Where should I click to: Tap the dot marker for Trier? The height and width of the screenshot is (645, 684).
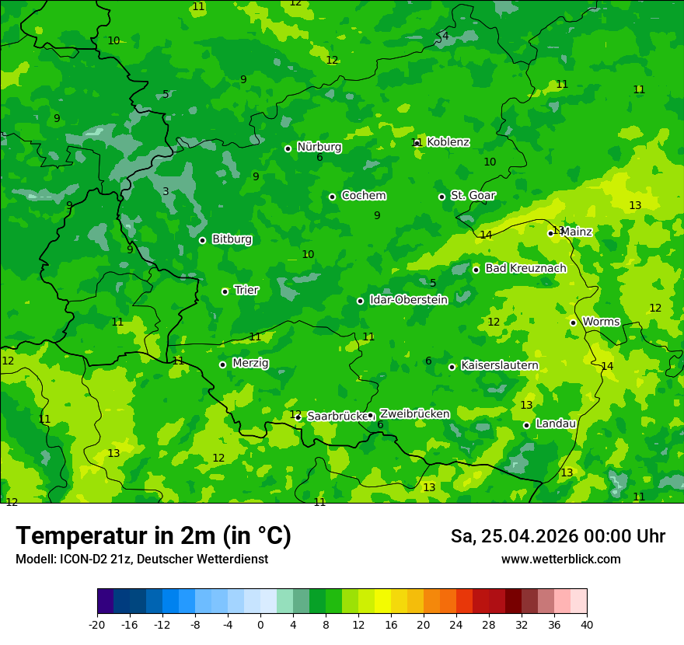[225, 291]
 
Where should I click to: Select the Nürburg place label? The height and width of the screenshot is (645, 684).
[319, 146]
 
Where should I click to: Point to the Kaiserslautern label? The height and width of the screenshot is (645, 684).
[499, 365]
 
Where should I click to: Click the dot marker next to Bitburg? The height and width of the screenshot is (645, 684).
[202, 240]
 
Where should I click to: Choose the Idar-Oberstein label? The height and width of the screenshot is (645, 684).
[408, 299]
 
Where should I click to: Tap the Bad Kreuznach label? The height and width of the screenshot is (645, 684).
[525, 268]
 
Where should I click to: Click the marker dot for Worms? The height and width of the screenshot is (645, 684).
[573, 322]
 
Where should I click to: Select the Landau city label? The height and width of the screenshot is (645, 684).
[556, 424]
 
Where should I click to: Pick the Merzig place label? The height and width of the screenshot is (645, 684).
[250, 363]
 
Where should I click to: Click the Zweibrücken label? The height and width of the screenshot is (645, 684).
[414, 413]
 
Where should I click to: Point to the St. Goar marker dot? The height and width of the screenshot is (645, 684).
[441, 197]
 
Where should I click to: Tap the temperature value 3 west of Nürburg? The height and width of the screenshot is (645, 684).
[166, 191]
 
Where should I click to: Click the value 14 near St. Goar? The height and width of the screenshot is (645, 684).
[486, 235]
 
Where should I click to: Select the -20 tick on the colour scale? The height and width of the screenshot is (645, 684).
[97, 624]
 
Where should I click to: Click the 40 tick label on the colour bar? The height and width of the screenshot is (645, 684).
[586, 624]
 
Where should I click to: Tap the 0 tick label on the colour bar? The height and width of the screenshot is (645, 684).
[260, 624]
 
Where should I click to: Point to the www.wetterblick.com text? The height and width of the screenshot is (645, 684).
[560, 560]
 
